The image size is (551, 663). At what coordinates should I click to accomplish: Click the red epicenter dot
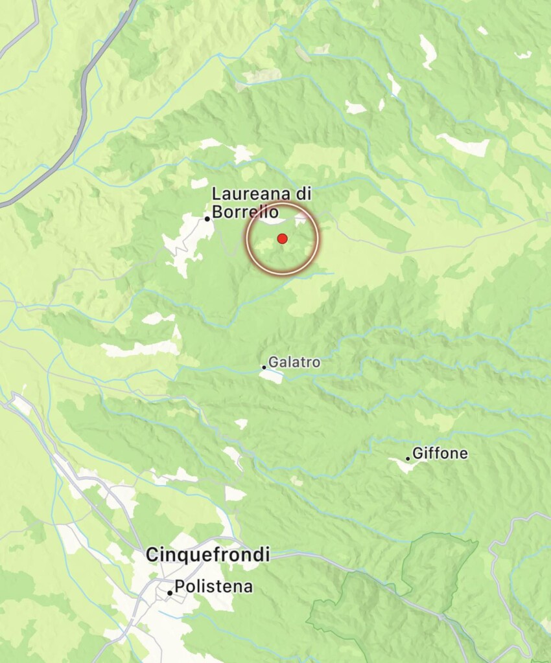click(x=282, y=239)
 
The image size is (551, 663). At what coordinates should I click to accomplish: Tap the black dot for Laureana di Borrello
click(x=207, y=219)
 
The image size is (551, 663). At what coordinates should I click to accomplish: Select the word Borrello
click(x=246, y=212)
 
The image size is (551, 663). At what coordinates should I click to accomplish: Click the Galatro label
click(x=294, y=363)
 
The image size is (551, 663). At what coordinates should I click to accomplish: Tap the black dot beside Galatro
click(x=264, y=366)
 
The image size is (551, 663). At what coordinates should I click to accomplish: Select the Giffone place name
click(x=440, y=454)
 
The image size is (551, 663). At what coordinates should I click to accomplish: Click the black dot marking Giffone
click(x=408, y=458)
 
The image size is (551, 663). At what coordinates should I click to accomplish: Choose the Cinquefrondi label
click(x=207, y=555)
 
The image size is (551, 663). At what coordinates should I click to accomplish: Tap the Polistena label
click(x=214, y=588)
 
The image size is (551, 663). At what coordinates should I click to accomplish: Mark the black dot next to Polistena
click(x=170, y=592)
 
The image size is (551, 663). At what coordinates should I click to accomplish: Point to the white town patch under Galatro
click(x=272, y=376)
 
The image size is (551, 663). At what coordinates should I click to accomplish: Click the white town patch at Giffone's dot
click(x=403, y=464)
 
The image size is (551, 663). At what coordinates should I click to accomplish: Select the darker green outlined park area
click(x=389, y=596)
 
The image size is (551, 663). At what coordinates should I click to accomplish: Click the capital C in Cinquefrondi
click(x=152, y=555)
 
